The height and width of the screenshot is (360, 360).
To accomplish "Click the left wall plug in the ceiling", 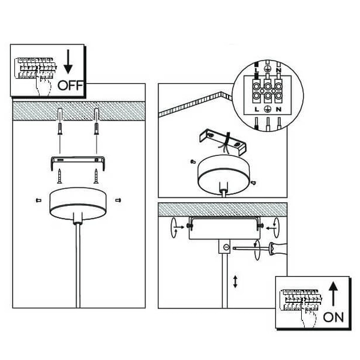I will [61, 124].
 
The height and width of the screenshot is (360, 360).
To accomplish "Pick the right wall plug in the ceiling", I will [96, 124].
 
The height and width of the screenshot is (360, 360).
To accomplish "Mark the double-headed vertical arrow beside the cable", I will [235, 281].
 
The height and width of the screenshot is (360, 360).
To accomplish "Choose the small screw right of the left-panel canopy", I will [117, 199].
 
